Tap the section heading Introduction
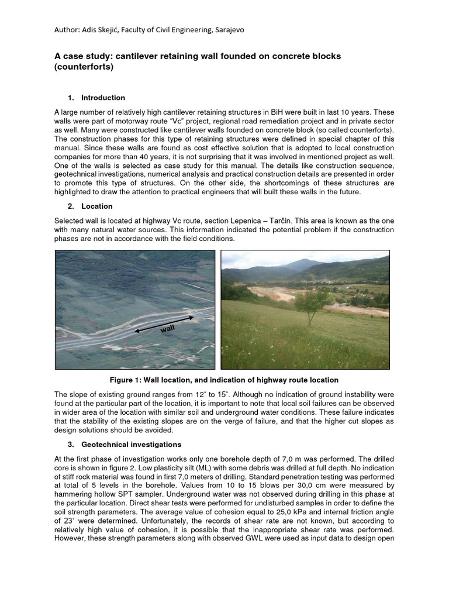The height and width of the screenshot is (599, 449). (103, 98)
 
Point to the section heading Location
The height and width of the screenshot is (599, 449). (96, 206)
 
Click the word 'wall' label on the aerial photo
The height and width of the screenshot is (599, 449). (167, 330)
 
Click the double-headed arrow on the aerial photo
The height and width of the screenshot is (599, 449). (164, 324)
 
